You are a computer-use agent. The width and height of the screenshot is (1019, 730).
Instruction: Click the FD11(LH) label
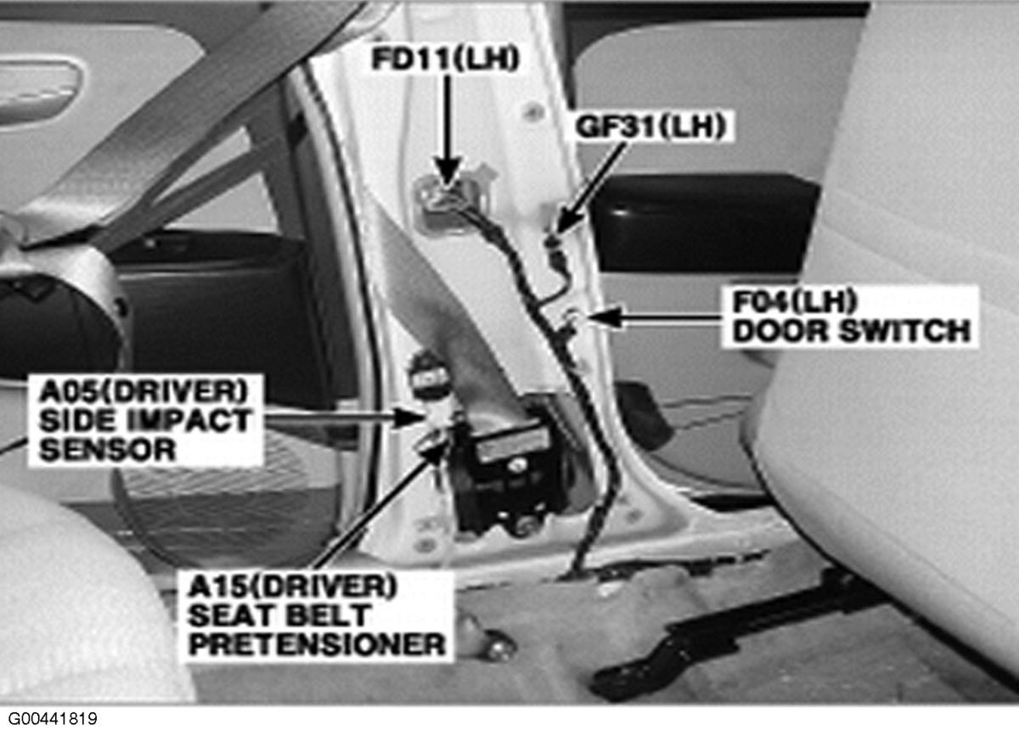click(445, 59)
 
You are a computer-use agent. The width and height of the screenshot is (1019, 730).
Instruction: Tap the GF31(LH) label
click(653, 126)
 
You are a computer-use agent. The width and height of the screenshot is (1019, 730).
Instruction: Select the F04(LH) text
click(795, 301)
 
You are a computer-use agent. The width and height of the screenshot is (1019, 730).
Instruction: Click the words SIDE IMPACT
click(144, 420)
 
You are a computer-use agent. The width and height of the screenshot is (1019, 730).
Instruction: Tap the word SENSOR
click(108, 449)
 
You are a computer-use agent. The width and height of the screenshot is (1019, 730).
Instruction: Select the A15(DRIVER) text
click(293, 586)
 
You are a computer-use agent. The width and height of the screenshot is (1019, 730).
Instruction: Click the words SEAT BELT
click(279, 615)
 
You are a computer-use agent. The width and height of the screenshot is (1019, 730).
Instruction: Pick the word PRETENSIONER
click(317, 644)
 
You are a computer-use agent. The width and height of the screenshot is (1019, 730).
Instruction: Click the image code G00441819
click(53, 718)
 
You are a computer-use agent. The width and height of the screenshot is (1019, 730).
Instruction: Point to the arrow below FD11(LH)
click(448, 131)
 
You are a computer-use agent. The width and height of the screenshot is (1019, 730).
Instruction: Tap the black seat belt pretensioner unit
click(509, 478)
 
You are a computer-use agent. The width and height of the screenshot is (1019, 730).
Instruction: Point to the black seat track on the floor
click(746, 637)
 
